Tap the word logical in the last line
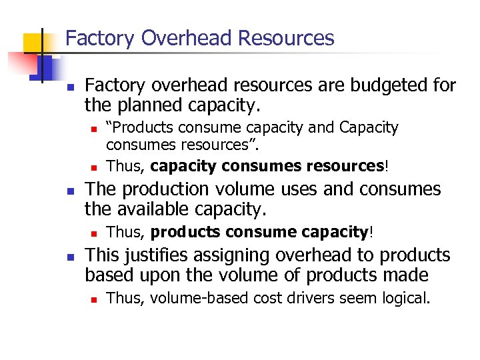[x=405, y=298]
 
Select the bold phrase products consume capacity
[x=259, y=232]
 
